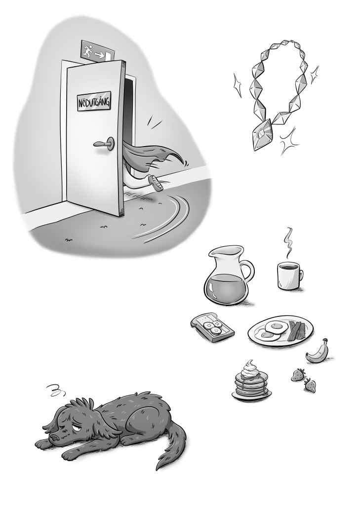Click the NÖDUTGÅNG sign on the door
coord(93,103)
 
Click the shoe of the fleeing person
coord(157,183)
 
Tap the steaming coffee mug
coord(289,275)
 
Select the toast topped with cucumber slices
coord(212,327)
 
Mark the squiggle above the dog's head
coord(56,390)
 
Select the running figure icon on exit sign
coord(88,50)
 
